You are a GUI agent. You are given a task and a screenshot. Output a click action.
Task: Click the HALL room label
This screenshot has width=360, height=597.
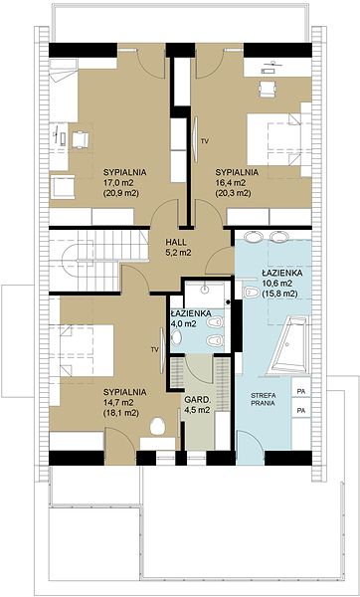click(x=176, y=242)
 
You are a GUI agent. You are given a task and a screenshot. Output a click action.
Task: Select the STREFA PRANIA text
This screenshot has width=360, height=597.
click(x=263, y=399)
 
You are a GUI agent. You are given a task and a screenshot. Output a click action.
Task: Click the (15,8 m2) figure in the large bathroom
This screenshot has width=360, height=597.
click(x=279, y=294)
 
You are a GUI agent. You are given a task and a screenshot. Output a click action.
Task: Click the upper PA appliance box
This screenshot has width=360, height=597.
click(x=301, y=391)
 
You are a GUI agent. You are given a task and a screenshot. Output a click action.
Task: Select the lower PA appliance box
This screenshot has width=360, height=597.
click(x=301, y=411)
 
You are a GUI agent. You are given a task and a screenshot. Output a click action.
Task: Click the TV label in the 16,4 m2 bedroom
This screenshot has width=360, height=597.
click(x=205, y=141)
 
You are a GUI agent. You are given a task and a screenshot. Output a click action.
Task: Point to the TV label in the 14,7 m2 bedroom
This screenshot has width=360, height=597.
click(x=154, y=349)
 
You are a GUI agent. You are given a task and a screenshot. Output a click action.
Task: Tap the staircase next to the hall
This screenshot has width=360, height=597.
click(x=98, y=260)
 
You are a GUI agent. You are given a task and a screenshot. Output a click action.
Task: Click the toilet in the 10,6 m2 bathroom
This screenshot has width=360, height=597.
click(x=252, y=292)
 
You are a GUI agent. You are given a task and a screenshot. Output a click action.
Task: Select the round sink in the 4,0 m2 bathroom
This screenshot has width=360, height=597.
click(x=177, y=337)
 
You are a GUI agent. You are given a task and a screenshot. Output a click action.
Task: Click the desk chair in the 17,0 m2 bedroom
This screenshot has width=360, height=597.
click(x=80, y=139)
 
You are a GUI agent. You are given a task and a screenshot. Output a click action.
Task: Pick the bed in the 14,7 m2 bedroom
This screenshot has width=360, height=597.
click(x=87, y=350)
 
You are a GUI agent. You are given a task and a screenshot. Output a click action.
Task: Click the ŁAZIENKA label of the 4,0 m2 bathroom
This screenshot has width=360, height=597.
click(x=191, y=313)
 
